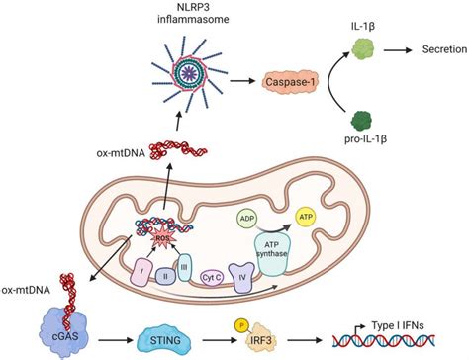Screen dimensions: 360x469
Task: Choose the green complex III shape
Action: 184,263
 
